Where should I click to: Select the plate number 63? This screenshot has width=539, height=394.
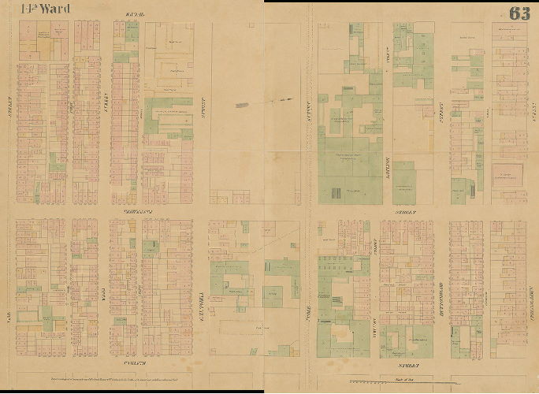pyautogui.click(x=519, y=13)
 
